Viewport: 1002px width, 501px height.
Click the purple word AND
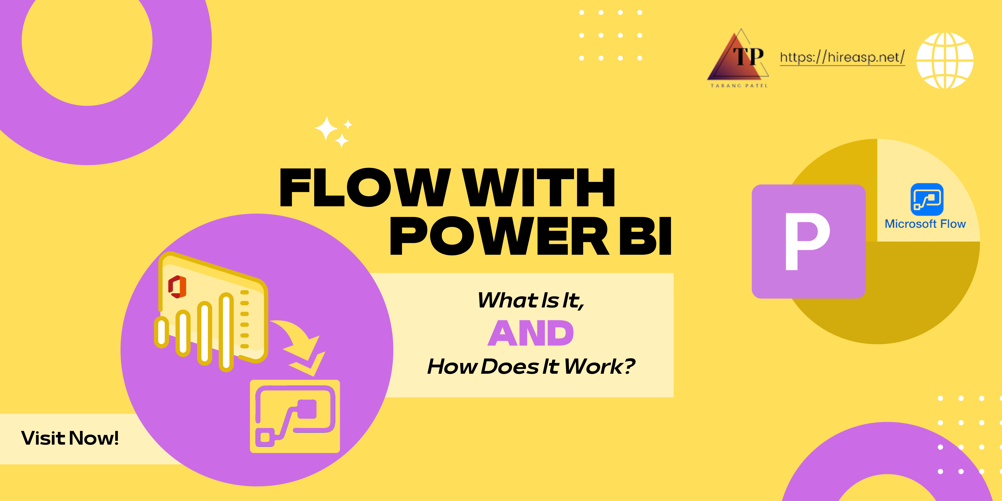[531, 333]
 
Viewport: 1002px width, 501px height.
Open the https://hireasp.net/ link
[842, 58]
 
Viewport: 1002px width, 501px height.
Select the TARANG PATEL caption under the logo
[739, 86]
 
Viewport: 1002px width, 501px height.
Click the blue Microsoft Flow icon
[927, 199]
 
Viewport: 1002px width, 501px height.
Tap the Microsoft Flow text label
[925, 224]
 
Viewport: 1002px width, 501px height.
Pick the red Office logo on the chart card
[177, 287]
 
